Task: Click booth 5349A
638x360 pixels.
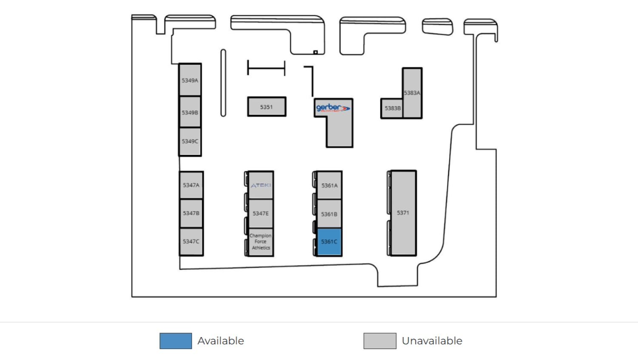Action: pos(190,80)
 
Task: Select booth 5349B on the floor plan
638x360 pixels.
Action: pos(190,112)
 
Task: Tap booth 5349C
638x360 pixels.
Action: pos(190,141)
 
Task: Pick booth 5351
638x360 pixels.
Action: pos(267,107)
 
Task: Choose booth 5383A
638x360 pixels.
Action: pos(412,92)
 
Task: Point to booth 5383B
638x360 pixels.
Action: pos(392,109)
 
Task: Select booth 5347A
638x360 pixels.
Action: pos(191,185)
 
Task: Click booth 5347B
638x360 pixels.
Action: pos(191,213)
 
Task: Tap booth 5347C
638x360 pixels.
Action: pos(191,241)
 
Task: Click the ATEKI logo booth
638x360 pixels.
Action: pos(261,185)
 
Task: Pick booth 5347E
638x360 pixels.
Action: pos(261,213)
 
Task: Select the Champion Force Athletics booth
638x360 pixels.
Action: pos(261,242)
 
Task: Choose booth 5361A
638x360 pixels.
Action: pos(329,186)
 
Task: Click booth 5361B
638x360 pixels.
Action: pos(329,214)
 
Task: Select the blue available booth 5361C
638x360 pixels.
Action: pos(329,242)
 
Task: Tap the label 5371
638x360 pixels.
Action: pos(403,213)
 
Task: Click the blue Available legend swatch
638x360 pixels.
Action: pos(176,341)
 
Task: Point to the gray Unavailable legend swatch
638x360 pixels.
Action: pos(380,341)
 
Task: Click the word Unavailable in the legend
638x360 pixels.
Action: pos(432,341)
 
